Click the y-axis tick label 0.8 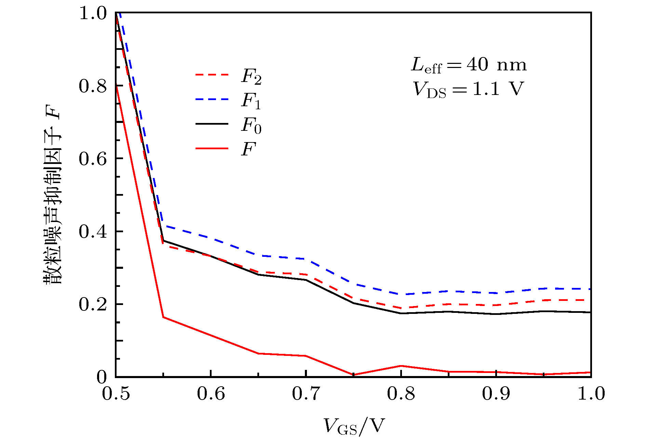click(x=93, y=86)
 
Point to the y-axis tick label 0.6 click(x=93, y=159)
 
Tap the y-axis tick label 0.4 click(x=93, y=232)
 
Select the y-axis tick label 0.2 click(x=93, y=305)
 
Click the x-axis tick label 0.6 click(x=211, y=393)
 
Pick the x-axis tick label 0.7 click(x=306, y=393)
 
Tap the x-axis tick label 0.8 click(x=401, y=393)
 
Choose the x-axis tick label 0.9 click(x=496, y=393)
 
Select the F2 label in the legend click(x=251, y=77)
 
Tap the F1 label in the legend click(x=251, y=101)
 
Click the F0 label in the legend click(x=251, y=125)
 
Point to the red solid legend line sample click(x=212, y=149)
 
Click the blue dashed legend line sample click(x=212, y=99)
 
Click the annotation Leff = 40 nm click(x=468, y=65)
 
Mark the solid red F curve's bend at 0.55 click(x=163, y=317)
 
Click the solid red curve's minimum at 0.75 click(x=353, y=375)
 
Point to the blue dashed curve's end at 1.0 click(x=590, y=289)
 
